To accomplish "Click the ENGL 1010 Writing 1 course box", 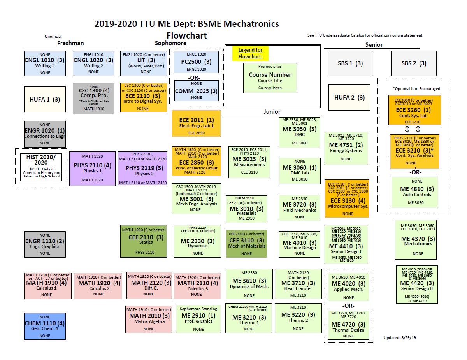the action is click(x=45, y=63).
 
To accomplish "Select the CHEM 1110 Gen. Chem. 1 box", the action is click(x=45, y=326).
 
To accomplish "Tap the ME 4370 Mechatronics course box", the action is click(x=416, y=240).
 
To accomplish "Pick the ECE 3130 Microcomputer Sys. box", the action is click(x=347, y=198).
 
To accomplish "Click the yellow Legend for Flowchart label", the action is click(x=250, y=53).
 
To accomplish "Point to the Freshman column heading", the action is click(x=70, y=43).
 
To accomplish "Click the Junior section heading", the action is click(x=272, y=112).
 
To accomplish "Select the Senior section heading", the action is click(x=374, y=45).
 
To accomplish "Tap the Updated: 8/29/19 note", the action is click(x=400, y=338).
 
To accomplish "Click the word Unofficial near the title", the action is click(x=53, y=36).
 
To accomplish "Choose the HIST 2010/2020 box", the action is click(x=41, y=167).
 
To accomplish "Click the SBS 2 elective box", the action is click(x=414, y=63).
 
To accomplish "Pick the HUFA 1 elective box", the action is click(x=45, y=99).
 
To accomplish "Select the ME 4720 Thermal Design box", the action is click(x=348, y=325).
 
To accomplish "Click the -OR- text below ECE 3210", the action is click(x=415, y=172).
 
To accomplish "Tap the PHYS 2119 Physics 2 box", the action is click(x=143, y=168).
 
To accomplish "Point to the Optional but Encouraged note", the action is click(x=416, y=89).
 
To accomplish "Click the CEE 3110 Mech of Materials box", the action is click(x=246, y=244).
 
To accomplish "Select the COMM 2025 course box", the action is click(x=197, y=91).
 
